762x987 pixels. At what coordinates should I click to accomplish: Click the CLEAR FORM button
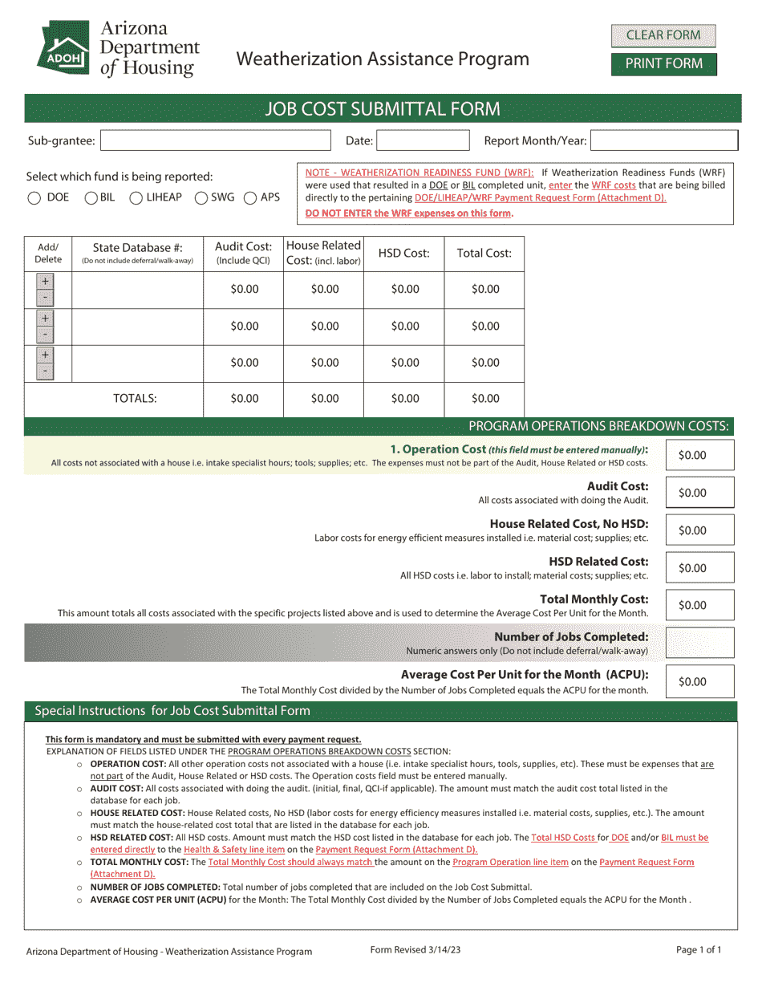663,35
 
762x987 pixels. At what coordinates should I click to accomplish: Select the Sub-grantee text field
215,141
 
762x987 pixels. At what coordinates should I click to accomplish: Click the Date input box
423,141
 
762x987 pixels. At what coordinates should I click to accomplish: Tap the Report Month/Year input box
663,141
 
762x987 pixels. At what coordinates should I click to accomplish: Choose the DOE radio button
34,198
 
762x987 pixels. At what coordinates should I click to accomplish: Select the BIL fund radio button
91,198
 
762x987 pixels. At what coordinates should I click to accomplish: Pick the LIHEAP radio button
136,198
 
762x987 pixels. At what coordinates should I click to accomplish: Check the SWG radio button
202,198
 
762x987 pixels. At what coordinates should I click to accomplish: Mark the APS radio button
250,198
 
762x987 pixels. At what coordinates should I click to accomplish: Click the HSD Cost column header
404,254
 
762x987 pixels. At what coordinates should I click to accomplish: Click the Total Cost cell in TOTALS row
484,399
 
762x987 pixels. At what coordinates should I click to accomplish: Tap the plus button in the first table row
45,282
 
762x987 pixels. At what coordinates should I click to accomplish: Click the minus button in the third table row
45,372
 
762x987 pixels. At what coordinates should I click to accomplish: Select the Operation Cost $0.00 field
699,455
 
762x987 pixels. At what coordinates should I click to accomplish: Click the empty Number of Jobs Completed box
699,643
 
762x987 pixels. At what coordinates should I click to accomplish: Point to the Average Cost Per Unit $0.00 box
699,681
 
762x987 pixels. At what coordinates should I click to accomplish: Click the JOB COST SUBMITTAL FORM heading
383,109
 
